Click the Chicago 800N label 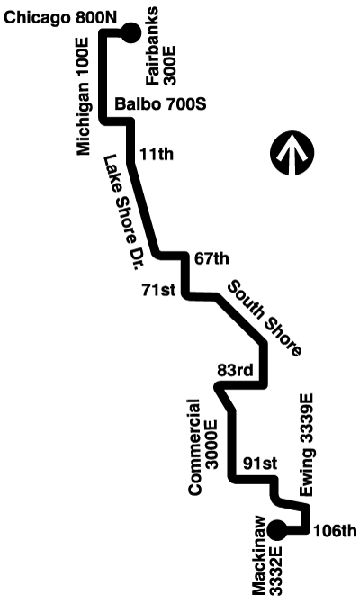(61, 18)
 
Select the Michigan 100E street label (84, 96)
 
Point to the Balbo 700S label (161, 103)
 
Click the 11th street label (157, 154)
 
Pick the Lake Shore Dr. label (121, 211)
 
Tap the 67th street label (211, 258)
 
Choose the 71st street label (158, 290)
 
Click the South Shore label (265, 318)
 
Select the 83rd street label (236, 370)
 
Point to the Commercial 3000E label (202, 446)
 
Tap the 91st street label (260, 463)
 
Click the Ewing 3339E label (307, 445)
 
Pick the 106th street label (335, 531)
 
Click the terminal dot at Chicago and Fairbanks (131, 32)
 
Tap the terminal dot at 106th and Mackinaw (277, 531)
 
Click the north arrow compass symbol (292, 152)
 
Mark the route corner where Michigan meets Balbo (103, 121)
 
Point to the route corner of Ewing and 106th (306, 530)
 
